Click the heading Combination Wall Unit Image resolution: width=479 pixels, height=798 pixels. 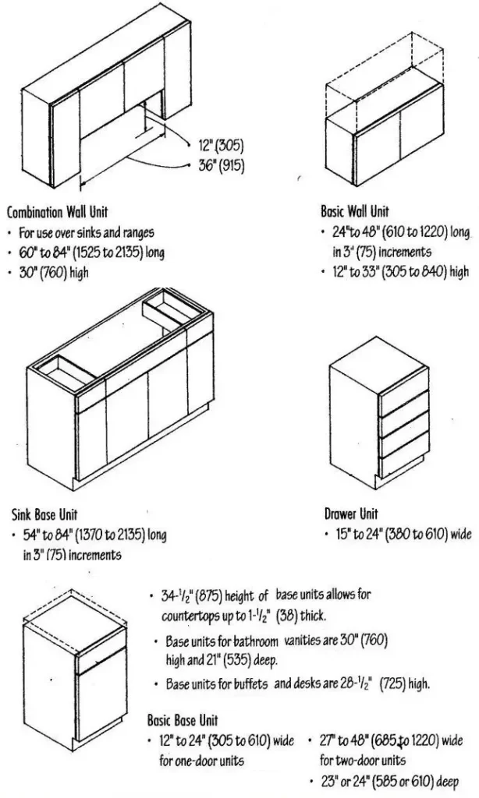[x=57, y=212]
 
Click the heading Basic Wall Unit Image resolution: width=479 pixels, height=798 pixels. [x=357, y=211]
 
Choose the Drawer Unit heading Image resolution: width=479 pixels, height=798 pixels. [x=351, y=514]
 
